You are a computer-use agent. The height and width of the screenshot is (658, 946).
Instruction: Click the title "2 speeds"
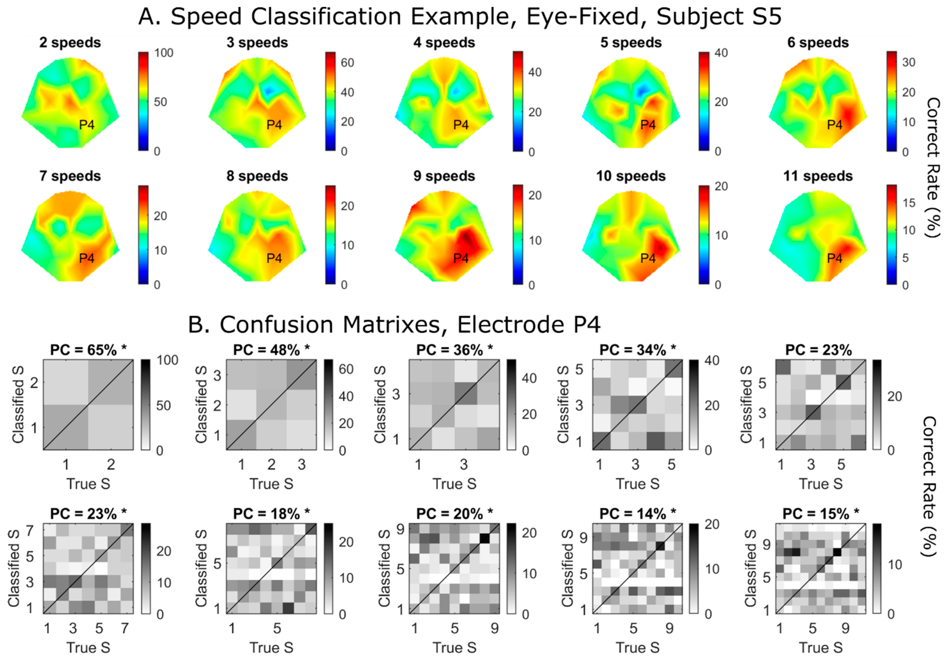[70, 42]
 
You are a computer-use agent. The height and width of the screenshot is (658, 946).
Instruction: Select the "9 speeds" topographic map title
[444, 176]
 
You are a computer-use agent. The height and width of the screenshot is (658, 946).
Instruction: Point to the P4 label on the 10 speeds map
[648, 258]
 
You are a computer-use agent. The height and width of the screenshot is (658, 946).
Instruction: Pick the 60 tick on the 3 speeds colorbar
[347, 63]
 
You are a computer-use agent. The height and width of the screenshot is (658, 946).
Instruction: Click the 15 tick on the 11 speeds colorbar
[908, 203]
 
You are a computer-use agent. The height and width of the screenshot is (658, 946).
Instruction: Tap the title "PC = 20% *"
[454, 514]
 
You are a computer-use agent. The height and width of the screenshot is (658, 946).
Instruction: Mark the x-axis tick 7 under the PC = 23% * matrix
[125, 628]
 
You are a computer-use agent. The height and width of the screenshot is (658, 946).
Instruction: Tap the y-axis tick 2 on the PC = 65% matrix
[34, 383]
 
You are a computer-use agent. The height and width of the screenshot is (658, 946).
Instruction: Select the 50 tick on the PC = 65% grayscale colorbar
[164, 405]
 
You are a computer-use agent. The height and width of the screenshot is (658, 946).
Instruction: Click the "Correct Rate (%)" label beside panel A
[932, 168]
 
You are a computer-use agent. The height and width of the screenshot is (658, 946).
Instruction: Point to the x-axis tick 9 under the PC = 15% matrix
[845, 628]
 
